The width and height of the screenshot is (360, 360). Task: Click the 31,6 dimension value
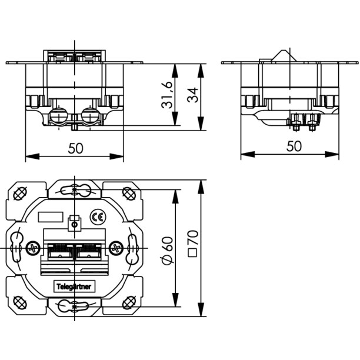coord(166,95)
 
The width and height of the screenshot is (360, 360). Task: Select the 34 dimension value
coord(192,95)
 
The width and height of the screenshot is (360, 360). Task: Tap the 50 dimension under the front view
coord(75,148)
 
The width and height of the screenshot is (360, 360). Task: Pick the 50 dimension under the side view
coord(294,146)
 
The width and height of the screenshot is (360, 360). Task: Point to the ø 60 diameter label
coord(168,250)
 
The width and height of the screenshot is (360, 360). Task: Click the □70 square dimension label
coord(192,244)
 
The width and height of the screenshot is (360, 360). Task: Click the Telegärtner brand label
coord(74,286)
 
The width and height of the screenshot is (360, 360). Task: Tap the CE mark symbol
coord(98,217)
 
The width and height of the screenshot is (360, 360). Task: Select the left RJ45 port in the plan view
coord(60,251)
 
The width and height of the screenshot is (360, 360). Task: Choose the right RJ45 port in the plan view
coord(88,251)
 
